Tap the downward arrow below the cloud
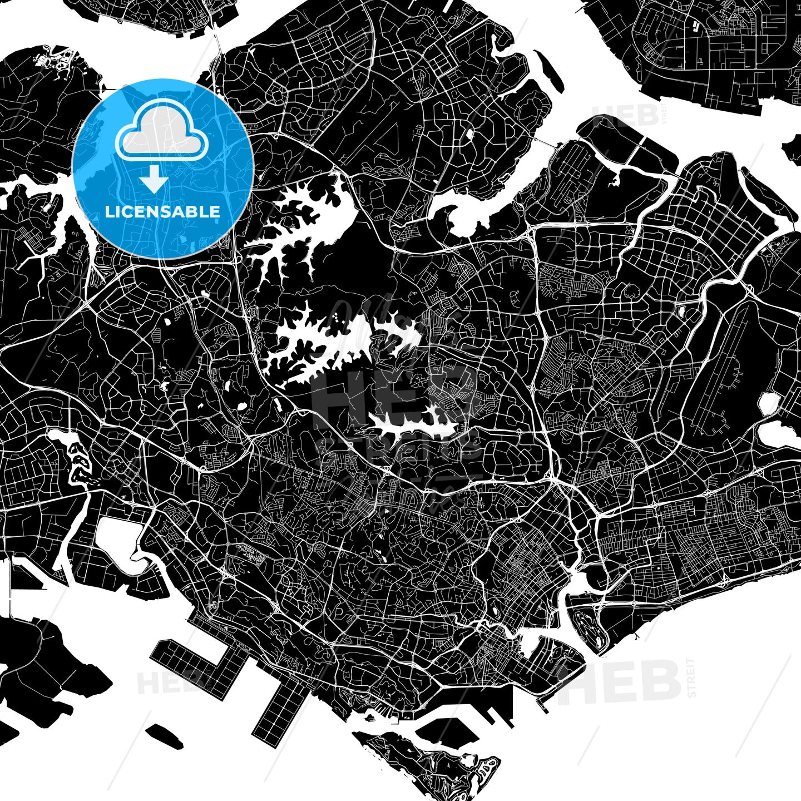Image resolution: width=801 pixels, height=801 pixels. point(154,181)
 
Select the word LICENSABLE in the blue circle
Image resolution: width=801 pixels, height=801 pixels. point(162,212)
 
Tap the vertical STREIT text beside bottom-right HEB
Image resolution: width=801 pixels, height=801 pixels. point(691,678)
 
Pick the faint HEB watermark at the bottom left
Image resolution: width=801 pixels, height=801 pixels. point(161,683)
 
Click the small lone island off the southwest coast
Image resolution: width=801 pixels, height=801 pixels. point(165,735)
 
